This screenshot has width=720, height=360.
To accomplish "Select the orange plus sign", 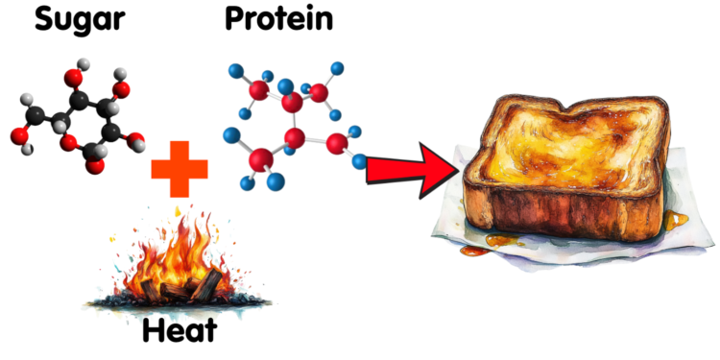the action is [180, 171].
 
